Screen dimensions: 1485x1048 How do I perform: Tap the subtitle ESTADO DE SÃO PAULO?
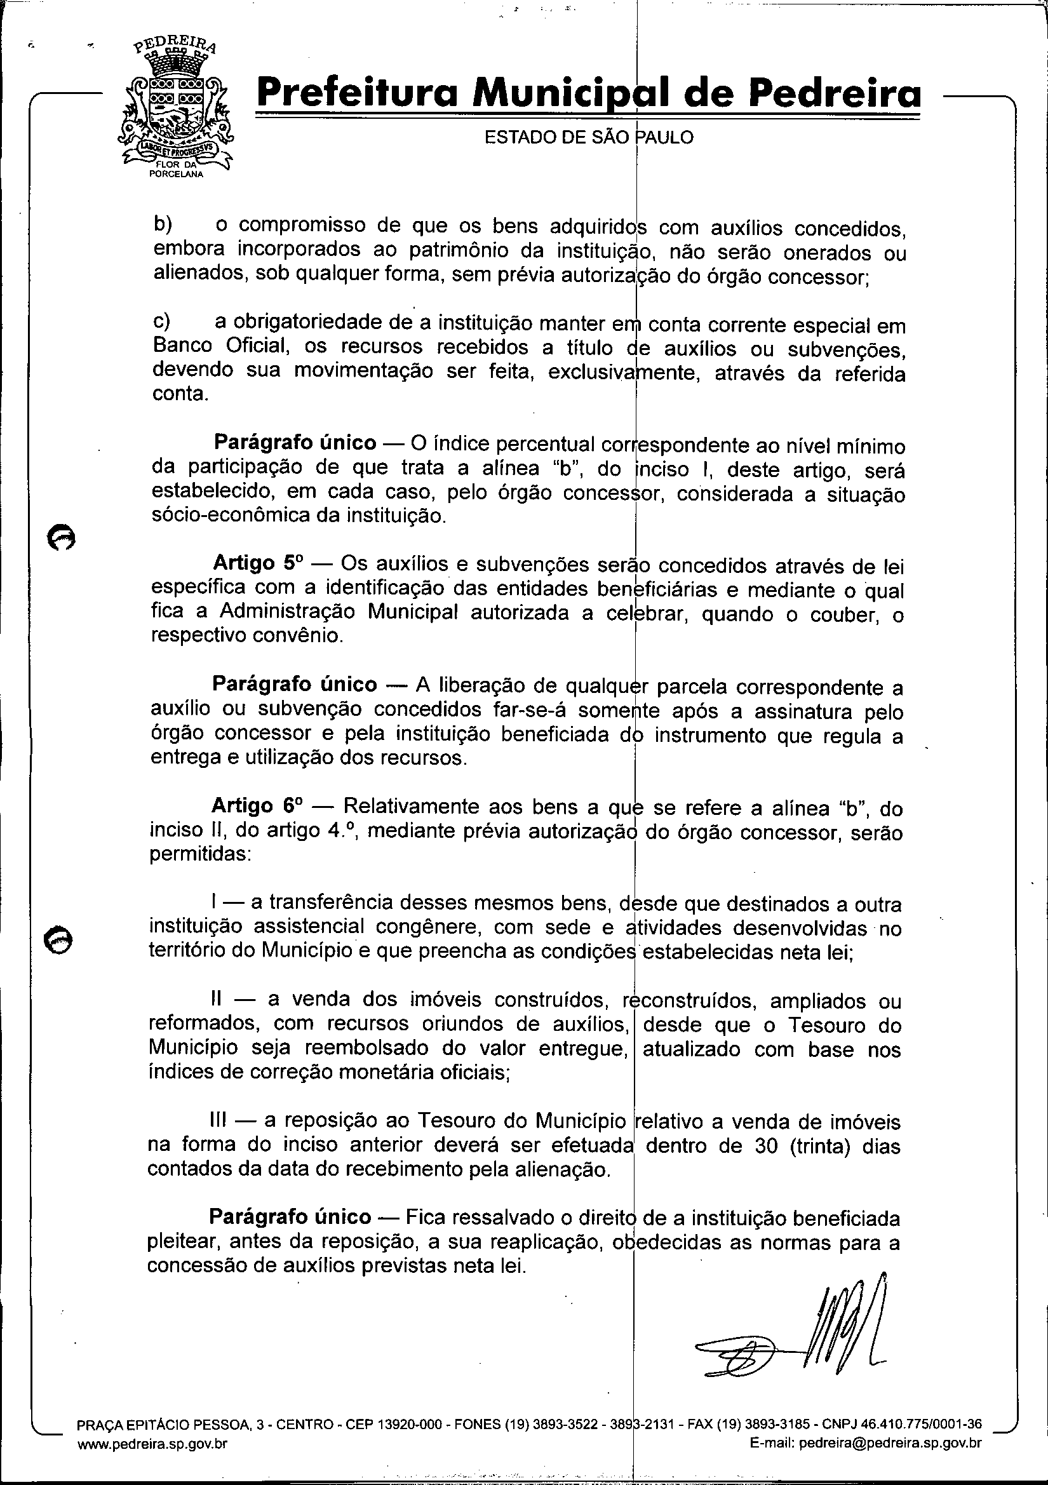click(589, 137)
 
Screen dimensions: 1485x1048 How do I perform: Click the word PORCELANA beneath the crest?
click(177, 175)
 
